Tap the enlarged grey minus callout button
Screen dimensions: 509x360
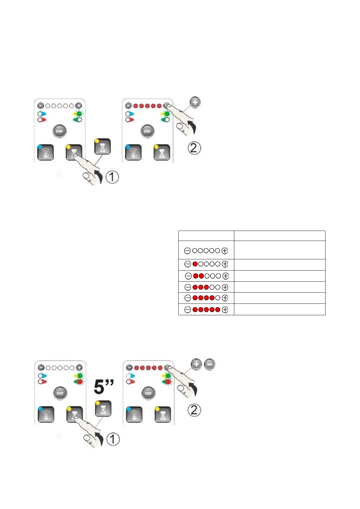(209, 364)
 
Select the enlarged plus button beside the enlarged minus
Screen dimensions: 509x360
(196, 364)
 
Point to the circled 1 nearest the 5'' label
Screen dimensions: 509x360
(113, 439)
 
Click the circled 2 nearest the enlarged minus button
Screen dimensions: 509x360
(194, 410)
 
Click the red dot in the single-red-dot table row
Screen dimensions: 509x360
(195, 264)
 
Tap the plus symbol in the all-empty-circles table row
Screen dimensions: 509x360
(225, 251)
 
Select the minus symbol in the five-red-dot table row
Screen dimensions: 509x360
(188, 310)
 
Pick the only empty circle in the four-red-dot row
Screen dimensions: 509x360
(217, 298)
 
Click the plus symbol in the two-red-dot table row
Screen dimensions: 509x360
(225, 276)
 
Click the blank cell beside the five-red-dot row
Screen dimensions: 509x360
(280, 310)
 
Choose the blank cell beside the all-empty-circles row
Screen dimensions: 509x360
(280, 250)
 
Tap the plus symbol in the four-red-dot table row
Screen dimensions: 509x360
(225, 298)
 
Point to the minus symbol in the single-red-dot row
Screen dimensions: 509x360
(188, 264)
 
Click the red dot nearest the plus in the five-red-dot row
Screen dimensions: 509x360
(218, 310)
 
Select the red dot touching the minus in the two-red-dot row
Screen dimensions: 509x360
(196, 276)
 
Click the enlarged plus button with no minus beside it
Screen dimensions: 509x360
(195, 102)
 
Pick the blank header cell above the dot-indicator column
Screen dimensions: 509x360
(206, 236)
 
